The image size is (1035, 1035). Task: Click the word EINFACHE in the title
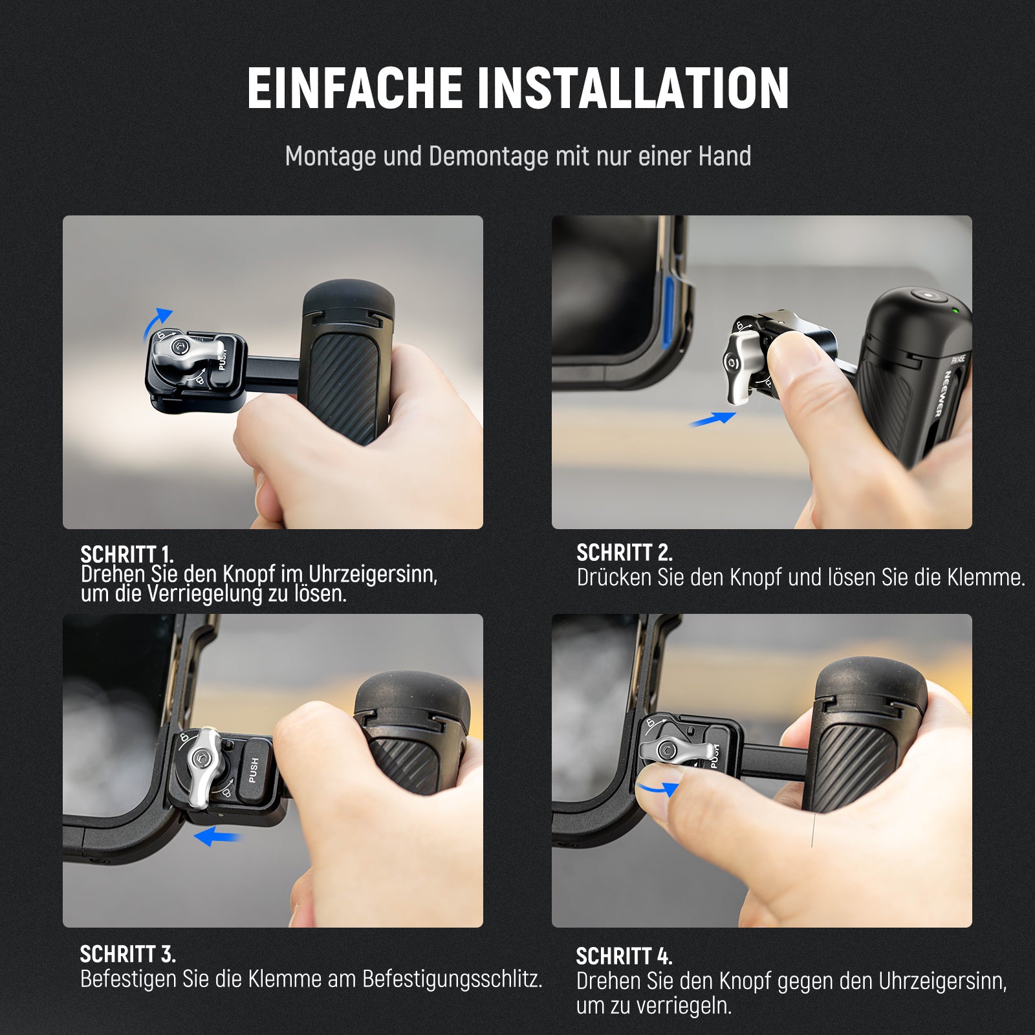pyautogui.click(x=355, y=88)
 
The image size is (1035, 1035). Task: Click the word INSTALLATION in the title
pyautogui.click(x=633, y=88)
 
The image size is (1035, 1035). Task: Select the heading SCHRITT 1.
pyautogui.click(x=127, y=554)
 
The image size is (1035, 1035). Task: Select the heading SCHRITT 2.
pyautogui.click(x=624, y=552)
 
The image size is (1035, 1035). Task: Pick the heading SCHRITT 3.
pyautogui.click(x=127, y=953)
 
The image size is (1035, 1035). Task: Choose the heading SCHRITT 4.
pyautogui.click(x=624, y=956)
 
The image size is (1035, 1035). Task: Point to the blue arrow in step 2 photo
pyautogui.click(x=712, y=419)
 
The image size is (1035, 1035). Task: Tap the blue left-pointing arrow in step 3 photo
pyautogui.click(x=217, y=836)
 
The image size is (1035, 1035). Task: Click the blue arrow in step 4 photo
pyautogui.click(x=658, y=787)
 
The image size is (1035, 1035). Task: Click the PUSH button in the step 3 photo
pyautogui.click(x=254, y=770)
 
